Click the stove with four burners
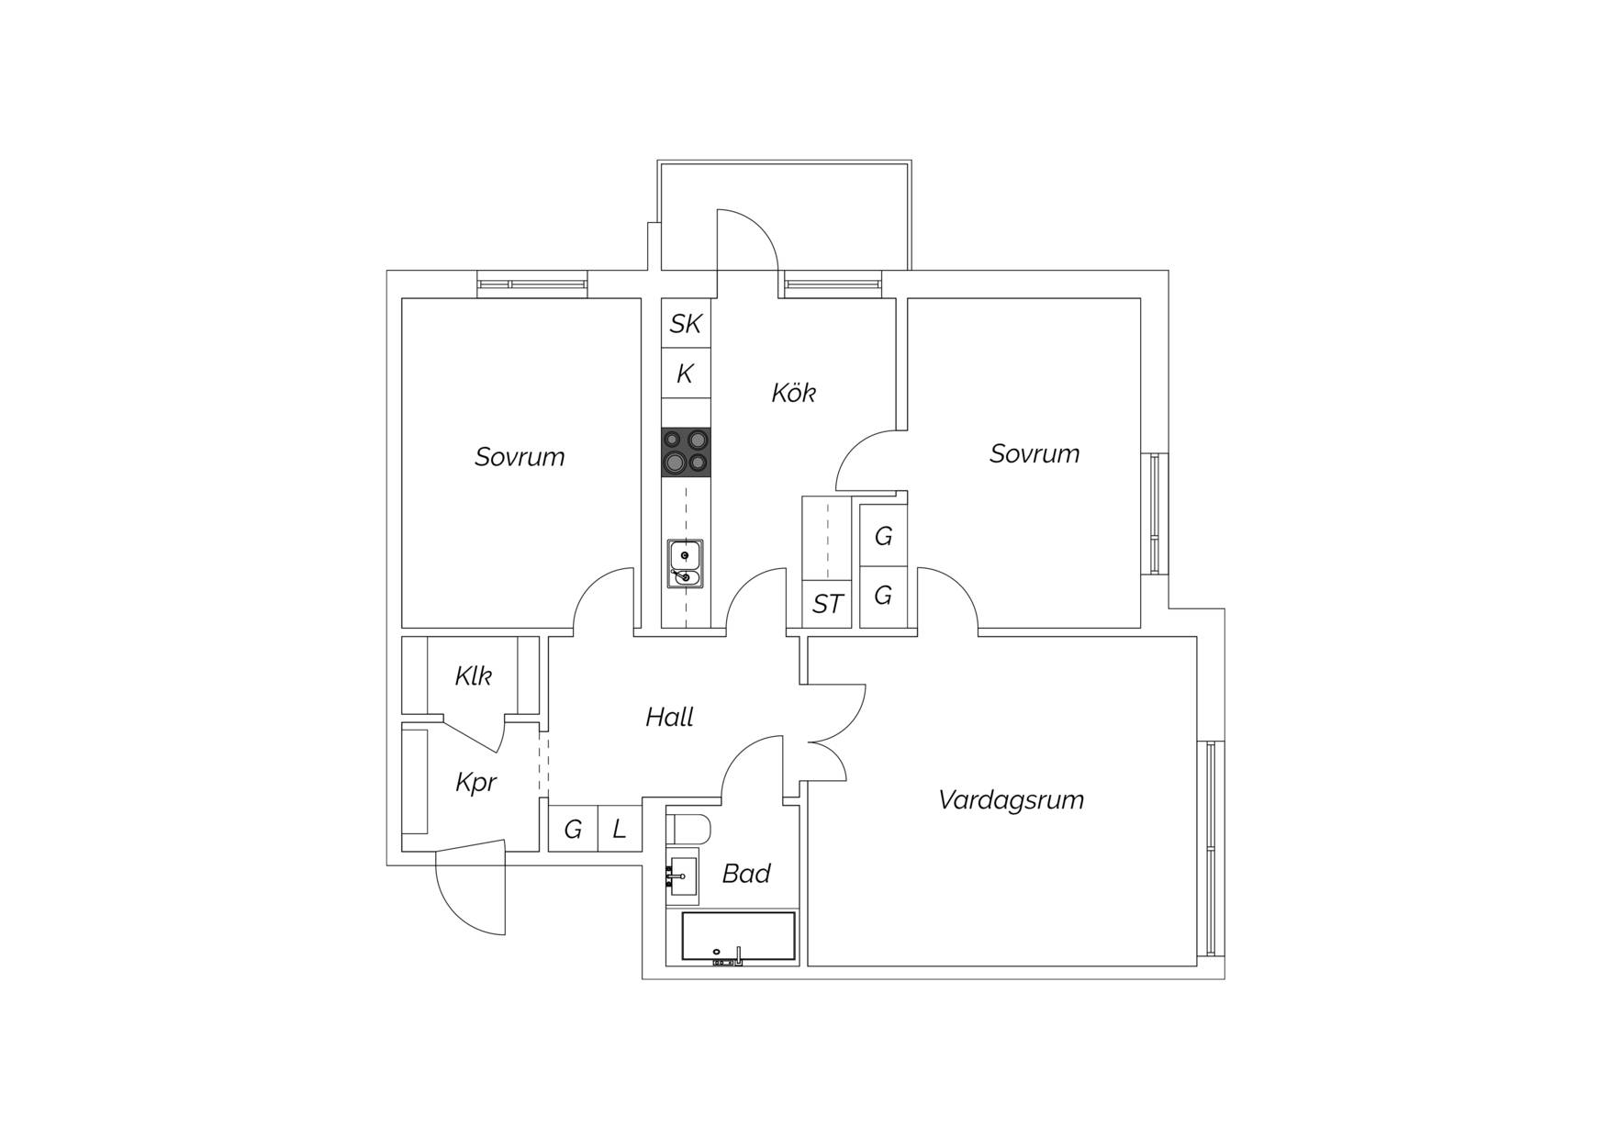point(686,452)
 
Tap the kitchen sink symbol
point(685,563)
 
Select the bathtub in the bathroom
point(738,936)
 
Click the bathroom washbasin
point(682,876)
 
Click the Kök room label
point(794,393)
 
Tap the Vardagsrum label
point(1011,800)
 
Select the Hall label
point(669,717)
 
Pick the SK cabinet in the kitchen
point(686,323)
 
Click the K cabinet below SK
point(686,374)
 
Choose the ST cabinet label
point(828,604)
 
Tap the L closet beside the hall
point(620,829)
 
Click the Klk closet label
point(474,676)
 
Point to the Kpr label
point(475,782)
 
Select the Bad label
point(746,874)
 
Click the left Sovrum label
point(520,457)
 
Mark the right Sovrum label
point(1034,453)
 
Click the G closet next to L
point(573,829)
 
